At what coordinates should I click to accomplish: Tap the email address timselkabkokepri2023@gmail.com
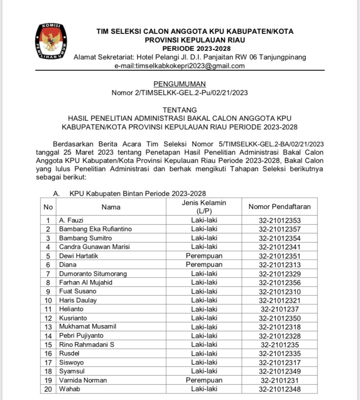[180, 66]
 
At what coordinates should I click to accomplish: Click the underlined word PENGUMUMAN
[180, 84]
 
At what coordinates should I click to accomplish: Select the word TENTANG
[180, 110]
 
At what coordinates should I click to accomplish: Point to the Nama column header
[111, 207]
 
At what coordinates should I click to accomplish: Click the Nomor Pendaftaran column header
[280, 207]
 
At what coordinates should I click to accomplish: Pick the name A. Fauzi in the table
[71, 220]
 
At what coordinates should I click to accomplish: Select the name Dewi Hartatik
[79, 256]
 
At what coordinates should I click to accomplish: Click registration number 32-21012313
[280, 264]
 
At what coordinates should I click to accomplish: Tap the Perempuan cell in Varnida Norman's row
[204, 380]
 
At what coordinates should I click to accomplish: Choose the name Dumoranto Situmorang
[93, 273]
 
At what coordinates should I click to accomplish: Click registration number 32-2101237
[280, 309]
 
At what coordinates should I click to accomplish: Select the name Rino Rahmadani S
[85, 344]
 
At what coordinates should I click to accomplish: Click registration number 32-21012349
[280, 371]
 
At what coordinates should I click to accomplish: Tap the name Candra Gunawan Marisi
[94, 247]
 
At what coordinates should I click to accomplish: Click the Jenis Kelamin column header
[204, 207]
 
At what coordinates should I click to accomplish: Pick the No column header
[48, 207]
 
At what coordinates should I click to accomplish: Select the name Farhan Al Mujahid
[86, 282]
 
